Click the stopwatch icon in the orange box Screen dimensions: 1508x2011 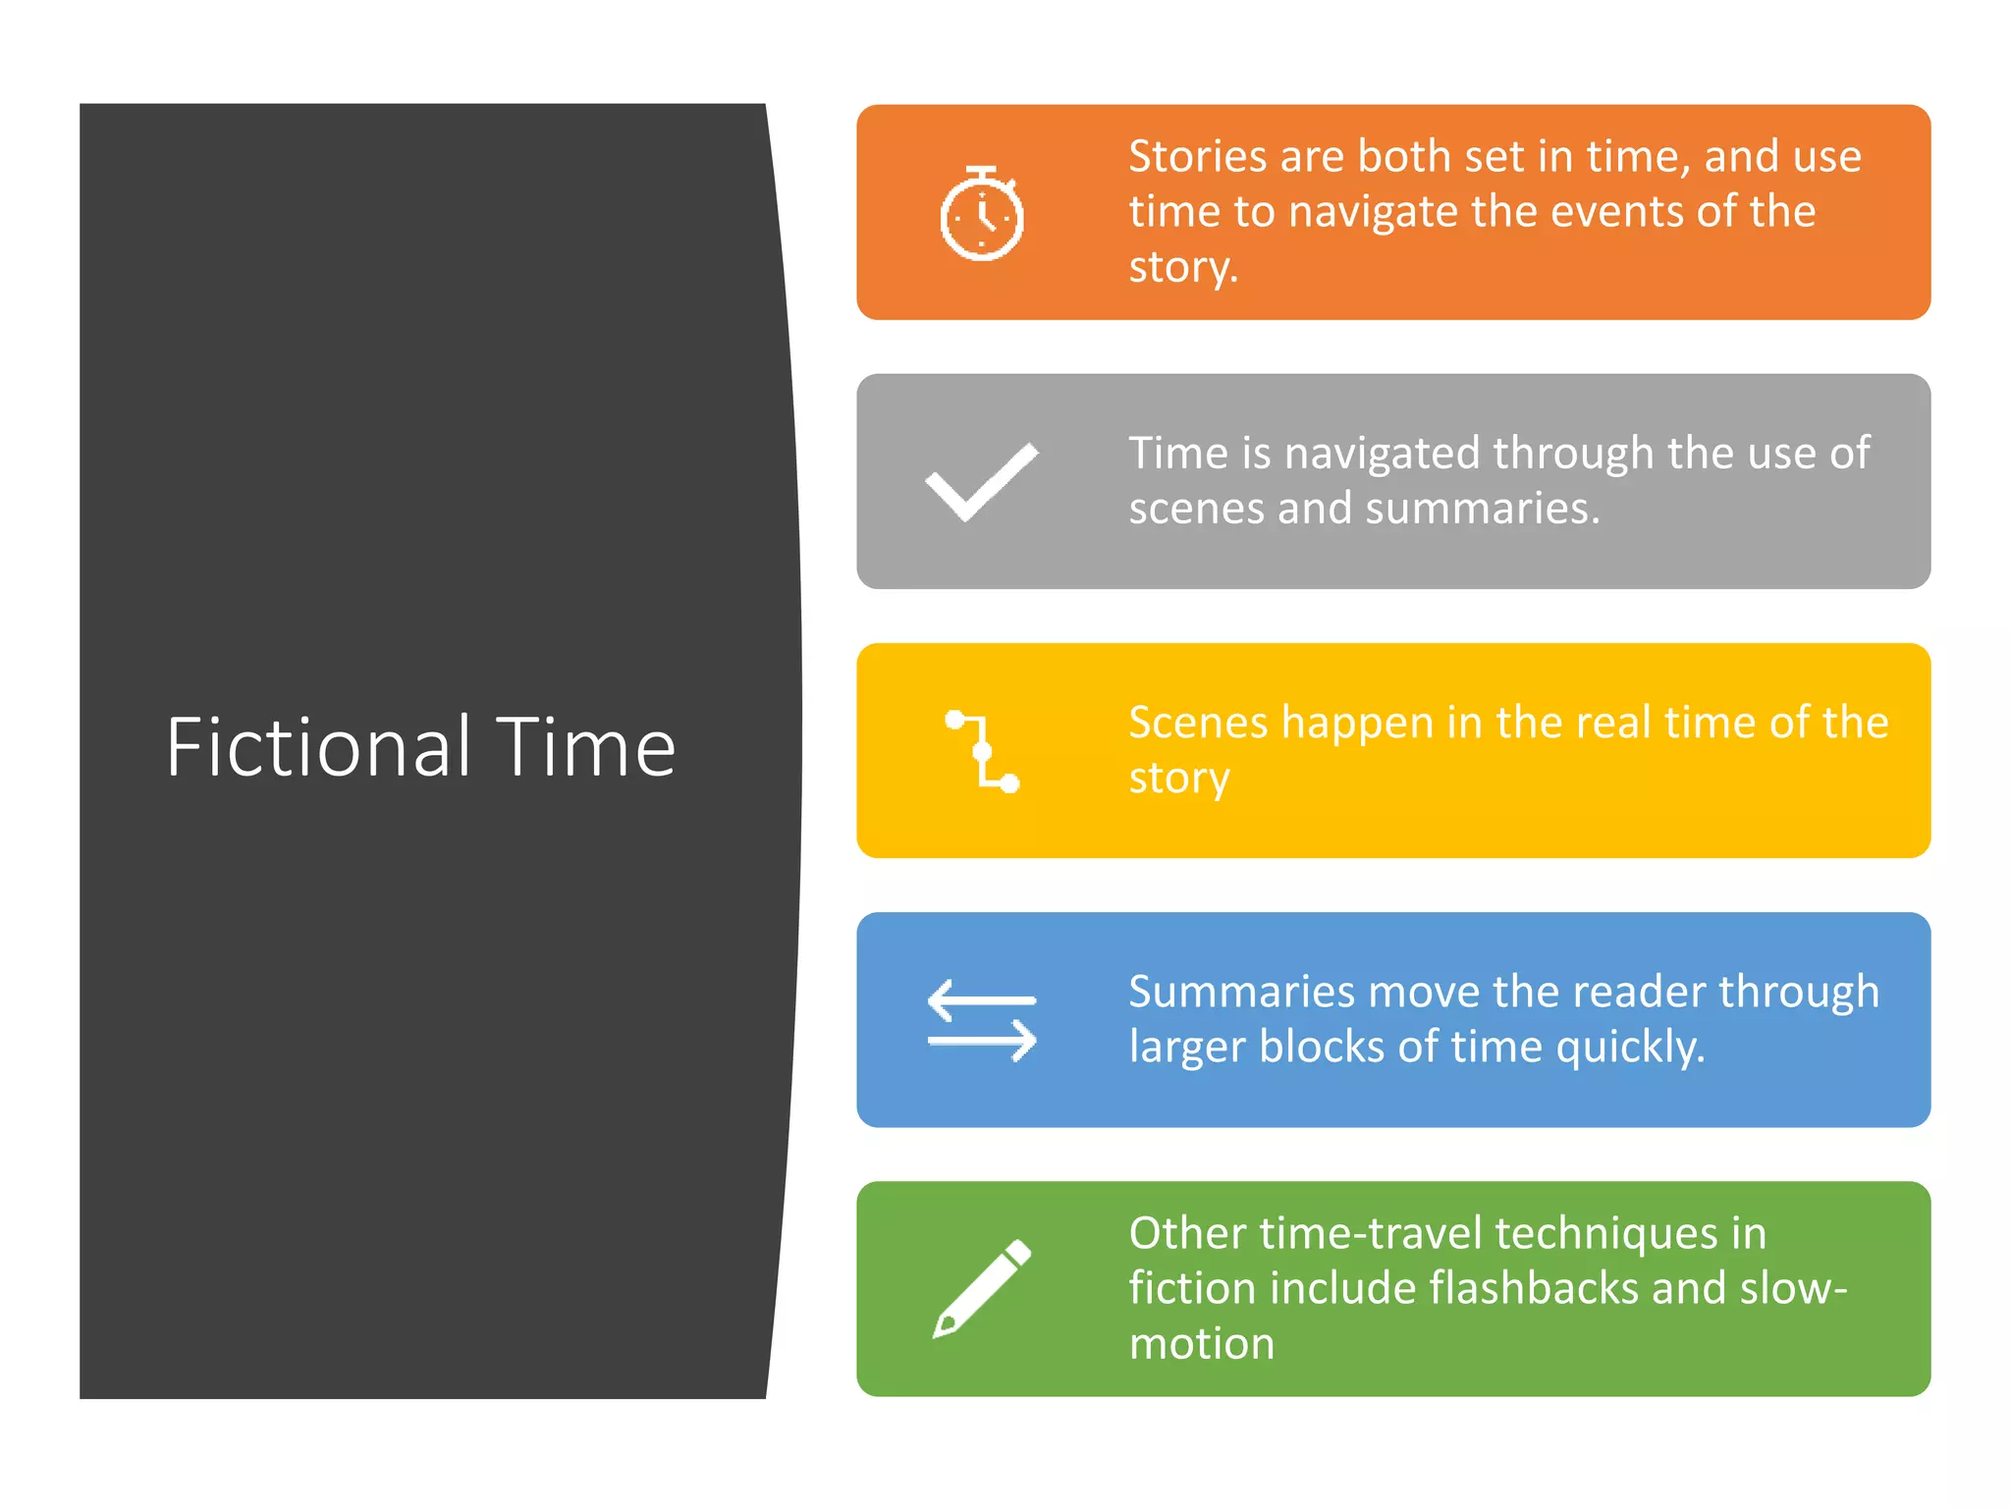(981, 214)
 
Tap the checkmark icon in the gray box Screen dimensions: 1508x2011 (981, 481)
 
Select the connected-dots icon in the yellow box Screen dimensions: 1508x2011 (982, 751)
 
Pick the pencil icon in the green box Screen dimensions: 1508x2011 (982, 1289)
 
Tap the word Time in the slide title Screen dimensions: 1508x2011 (585, 747)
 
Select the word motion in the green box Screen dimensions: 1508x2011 (1201, 1343)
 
